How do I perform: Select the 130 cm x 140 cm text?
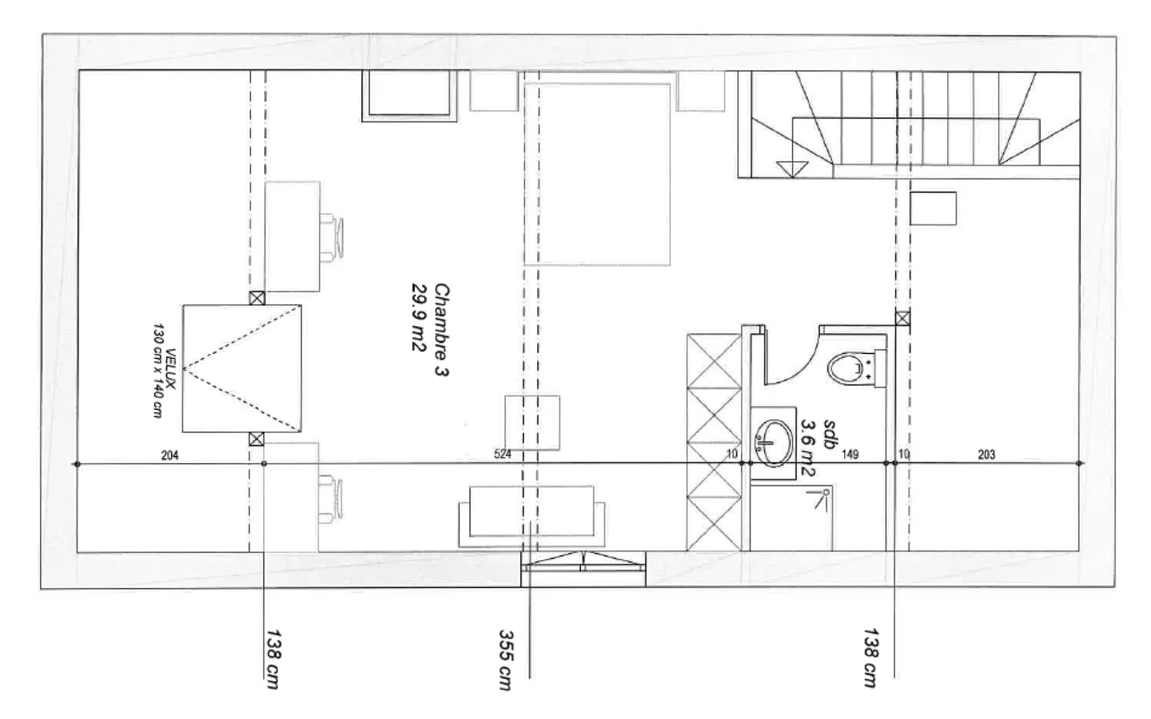157,371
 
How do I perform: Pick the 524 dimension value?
502,455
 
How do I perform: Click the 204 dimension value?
169,455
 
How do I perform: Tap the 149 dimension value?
850,455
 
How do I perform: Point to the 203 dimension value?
986,455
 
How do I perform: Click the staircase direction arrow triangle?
791,168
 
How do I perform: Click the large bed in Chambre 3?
596,172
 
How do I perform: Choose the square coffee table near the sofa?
532,422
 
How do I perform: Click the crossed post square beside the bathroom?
902,319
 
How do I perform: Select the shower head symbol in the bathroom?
820,498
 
